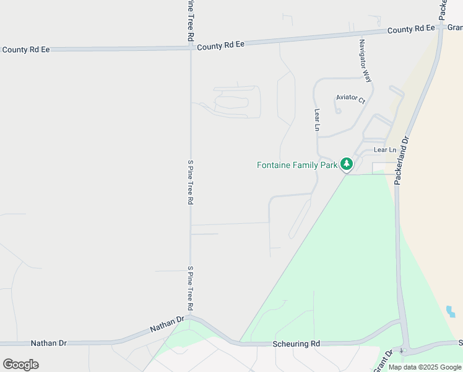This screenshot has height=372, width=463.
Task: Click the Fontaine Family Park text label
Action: (x=297, y=165)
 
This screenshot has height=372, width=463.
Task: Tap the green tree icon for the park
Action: (x=347, y=164)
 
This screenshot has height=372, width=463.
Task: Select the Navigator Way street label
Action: (x=366, y=61)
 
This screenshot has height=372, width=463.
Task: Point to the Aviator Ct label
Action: (x=350, y=98)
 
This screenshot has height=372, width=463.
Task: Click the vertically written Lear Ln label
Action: (x=317, y=120)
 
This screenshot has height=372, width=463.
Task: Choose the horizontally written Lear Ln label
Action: (x=384, y=150)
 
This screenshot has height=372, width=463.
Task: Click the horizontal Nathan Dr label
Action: (x=49, y=343)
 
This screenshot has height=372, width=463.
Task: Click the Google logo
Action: (x=21, y=364)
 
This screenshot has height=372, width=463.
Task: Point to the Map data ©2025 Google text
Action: (x=425, y=367)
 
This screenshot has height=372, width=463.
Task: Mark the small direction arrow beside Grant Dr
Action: (x=401, y=352)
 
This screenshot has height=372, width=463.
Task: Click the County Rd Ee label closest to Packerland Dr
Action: (x=411, y=29)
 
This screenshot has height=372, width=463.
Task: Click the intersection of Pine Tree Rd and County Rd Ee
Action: (x=190, y=47)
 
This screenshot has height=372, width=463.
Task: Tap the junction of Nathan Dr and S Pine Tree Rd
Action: (x=191, y=317)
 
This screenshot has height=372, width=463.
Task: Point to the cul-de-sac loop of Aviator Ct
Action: (x=338, y=111)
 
